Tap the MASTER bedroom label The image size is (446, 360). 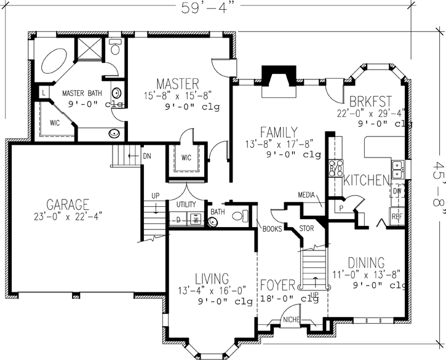tap(177, 83)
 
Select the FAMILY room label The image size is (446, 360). tap(279, 132)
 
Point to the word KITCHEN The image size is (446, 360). tap(367, 180)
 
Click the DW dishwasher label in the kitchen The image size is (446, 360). tap(397, 191)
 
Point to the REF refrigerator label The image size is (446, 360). tap(397, 216)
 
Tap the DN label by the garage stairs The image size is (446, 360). tap(147, 156)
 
